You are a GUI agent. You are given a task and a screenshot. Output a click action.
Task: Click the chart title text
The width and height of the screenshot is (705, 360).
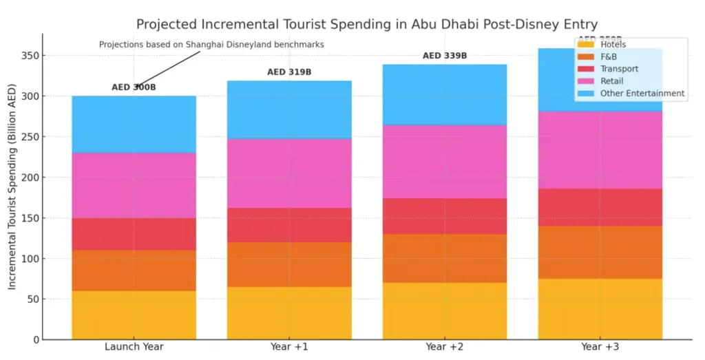click(x=366, y=25)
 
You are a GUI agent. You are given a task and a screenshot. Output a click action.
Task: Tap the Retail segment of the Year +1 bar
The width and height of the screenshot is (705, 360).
click(x=289, y=173)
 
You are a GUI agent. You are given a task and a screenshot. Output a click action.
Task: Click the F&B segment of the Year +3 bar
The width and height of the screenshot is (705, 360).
click(x=600, y=252)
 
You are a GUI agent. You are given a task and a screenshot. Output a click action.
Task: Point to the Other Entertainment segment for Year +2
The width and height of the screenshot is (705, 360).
click(x=445, y=94)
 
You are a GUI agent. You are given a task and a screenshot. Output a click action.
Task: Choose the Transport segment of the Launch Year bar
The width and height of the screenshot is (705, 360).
click(x=134, y=234)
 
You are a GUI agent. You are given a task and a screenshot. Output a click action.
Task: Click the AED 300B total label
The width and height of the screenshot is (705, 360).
click(x=134, y=87)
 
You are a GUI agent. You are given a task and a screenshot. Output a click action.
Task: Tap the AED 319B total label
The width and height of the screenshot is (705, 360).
click(x=289, y=72)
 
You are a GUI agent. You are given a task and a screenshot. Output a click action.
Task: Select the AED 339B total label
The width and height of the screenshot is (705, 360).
click(x=445, y=56)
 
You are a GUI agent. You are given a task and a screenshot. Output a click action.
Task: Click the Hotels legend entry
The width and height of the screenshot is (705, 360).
click(x=613, y=45)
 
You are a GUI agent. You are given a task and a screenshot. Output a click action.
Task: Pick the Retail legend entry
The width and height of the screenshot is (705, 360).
click(x=611, y=81)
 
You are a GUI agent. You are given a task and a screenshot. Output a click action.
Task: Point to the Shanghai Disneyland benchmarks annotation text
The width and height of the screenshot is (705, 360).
click(x=211, y=45)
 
